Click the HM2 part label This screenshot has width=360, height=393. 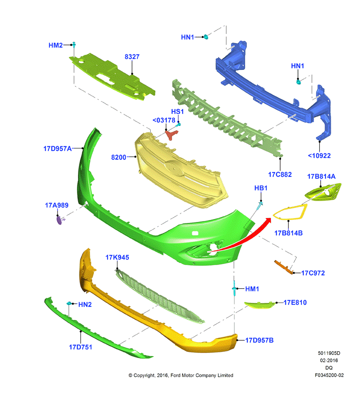(56, 46)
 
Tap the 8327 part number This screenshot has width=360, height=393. (132, 57)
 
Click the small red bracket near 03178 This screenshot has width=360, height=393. (172, 135)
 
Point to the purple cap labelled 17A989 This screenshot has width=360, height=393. (60, 220)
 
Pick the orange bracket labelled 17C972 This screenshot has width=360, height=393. (284, 267)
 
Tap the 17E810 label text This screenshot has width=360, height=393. (295, 302)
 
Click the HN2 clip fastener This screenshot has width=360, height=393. (69, 303)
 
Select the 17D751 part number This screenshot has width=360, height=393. (80, 347)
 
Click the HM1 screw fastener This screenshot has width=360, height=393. (234, 288)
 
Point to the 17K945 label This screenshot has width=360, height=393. (117, 257)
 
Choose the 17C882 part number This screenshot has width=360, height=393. (280, 174)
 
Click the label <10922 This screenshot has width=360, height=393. (319, 156)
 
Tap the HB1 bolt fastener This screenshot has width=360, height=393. (260, 206)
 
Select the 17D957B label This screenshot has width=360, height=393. (259, 340)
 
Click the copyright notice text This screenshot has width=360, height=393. (181, 375)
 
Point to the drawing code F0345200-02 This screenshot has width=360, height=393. (329, 375)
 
